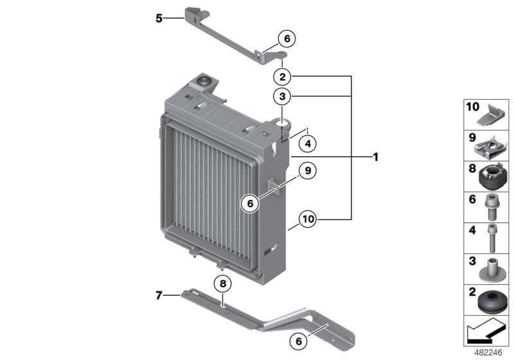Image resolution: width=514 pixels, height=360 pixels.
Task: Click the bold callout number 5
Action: (x=159, y=18)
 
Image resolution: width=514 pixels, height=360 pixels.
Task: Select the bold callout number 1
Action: (x=375, y=156)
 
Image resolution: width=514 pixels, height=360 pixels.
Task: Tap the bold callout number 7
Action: (x=159, y=296)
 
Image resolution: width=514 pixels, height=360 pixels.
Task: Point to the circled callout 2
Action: (x=281, y=77)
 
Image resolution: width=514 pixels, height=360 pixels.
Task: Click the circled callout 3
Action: (x=281, y=97)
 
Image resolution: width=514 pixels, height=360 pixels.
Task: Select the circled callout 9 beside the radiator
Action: (x=308, y=171)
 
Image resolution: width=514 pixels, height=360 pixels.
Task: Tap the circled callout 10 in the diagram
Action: (x=308, y=219)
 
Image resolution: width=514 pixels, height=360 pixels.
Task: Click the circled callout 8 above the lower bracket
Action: (x=222, y=283)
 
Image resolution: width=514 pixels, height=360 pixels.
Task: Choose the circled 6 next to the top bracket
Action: (x=287, y=39)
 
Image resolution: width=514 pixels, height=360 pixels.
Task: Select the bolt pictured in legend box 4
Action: (x=492, y=237)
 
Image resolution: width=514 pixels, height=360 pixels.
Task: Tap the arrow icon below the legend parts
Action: (x=485, y=334)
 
